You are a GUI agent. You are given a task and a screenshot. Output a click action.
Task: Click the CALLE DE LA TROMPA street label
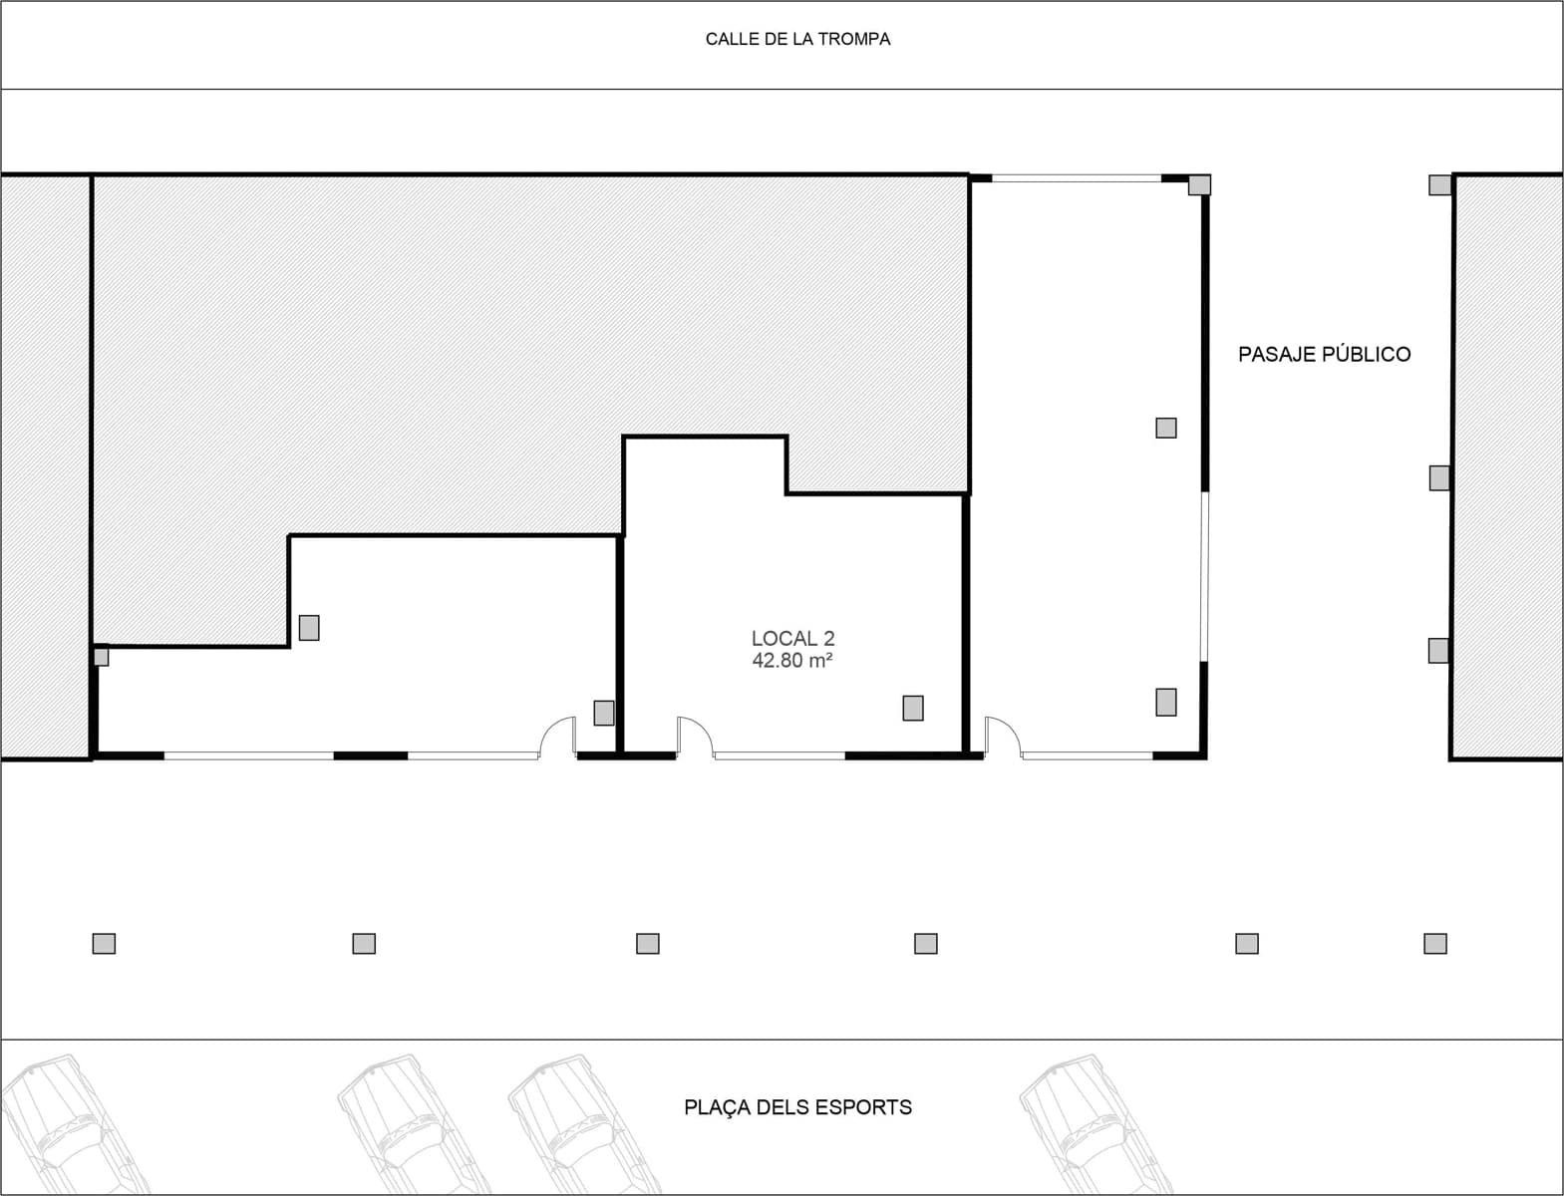(x=797, y=40)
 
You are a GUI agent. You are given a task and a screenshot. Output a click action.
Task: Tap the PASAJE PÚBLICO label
(x=1324, y=354)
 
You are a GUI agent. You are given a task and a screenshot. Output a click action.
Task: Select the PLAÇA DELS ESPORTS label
(x=797, y=1107)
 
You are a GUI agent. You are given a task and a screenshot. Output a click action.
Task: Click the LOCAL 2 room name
(x=792, y=639)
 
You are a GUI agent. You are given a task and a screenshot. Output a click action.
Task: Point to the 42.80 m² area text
(x=792, y=661)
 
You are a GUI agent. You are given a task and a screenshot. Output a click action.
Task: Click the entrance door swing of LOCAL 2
(x=695, y=736)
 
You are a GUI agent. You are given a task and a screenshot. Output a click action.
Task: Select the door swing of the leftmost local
(x=558, y=736)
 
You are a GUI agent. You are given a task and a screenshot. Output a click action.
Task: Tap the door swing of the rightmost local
(x=1003, y=736)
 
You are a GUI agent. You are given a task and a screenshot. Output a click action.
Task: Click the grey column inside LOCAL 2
(x=913, y=708)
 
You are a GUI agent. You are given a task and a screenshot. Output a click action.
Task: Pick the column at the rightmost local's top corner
(x=1199, y=184)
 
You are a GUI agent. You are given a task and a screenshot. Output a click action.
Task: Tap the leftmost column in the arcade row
(x=104, y=943)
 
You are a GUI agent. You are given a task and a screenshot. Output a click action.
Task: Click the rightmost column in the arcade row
(x=1434, y=943)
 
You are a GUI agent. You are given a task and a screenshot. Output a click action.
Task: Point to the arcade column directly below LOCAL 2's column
(x=925, y=943)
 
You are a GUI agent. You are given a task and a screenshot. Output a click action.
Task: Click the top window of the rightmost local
(x=1077, y=178)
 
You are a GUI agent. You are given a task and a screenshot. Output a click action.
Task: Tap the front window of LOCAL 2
(x=780, y=755)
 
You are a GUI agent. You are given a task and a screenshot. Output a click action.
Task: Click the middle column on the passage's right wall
(x=1439, y=477)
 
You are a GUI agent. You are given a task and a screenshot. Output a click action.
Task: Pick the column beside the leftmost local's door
(x=604, y=713)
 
